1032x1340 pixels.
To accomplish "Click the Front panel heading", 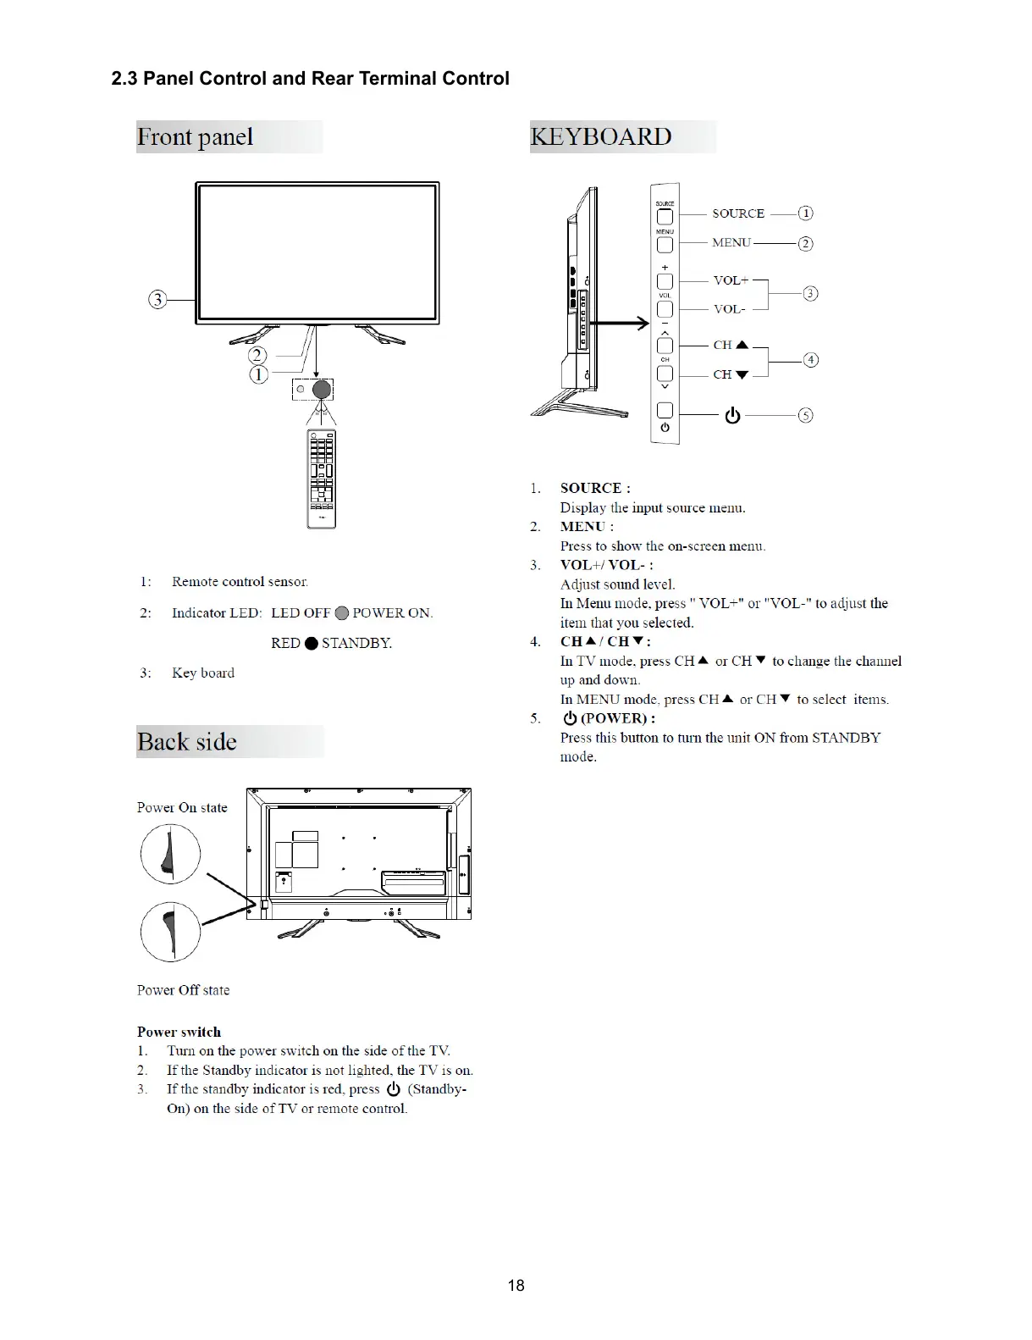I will point(196,137).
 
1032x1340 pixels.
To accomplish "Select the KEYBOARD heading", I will point(601,136).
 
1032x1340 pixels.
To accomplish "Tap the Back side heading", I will point(187,742).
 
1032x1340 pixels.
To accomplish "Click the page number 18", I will point(516,1285).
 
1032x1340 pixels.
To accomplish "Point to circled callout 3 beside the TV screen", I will point(157,300).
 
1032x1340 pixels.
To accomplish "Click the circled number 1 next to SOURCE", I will point(806,213).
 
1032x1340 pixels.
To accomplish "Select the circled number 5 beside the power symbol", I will point(806,415).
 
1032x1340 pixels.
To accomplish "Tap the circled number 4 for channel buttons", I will point(811,360).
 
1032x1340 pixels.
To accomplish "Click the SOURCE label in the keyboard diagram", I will point(738,213).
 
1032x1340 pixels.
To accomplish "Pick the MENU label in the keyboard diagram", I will point(731,243).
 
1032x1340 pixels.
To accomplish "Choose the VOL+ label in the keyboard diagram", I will point(731,280).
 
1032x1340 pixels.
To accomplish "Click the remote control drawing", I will point(322,479).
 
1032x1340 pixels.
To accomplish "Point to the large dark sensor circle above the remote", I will point(322,390).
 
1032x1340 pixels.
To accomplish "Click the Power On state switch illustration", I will point(170,854).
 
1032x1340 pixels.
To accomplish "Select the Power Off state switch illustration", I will point(170,932).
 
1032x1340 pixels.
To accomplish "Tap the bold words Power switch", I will point(179,1032).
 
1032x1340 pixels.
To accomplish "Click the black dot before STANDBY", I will point(311,644).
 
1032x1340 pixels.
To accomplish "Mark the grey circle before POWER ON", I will point(342,613).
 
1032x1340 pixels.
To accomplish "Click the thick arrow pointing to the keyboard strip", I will point(618,323).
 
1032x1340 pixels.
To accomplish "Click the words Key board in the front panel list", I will point(203,673).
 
